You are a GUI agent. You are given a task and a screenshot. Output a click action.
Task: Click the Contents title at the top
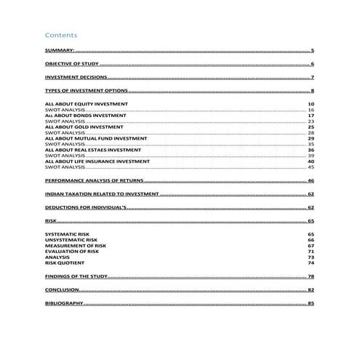click(61, 35)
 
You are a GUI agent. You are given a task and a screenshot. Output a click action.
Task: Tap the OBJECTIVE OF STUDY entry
click(71, 65)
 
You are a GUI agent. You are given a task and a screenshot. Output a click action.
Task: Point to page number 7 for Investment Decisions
click(312, 77)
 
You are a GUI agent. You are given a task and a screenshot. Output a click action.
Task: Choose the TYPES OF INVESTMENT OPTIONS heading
click(86, 91)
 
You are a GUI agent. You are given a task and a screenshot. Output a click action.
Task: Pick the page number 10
click(311, 105)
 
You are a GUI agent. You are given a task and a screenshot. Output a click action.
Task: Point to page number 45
click(311, 167)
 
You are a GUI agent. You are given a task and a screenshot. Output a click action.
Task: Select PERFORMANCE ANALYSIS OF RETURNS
click(94, 180)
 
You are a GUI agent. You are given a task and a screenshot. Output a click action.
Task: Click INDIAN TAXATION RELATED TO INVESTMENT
click(101, 195)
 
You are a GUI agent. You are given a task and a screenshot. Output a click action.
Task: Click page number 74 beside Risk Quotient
click(311, 263)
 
